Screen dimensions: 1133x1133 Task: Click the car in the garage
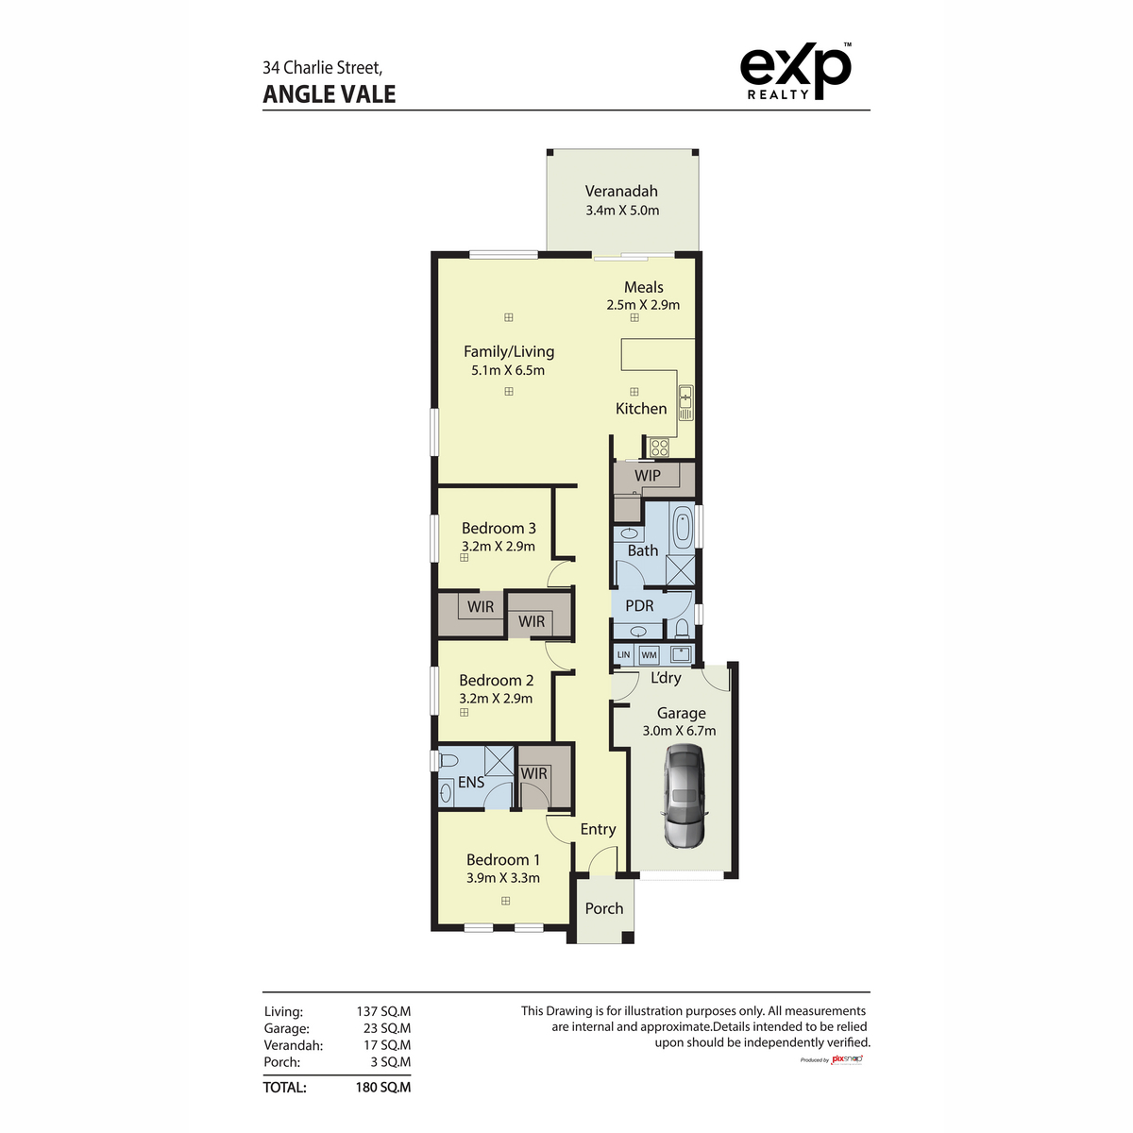683,795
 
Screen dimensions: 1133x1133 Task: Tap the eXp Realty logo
795,72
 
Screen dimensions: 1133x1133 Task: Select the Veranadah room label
621,191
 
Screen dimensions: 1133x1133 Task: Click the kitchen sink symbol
686,402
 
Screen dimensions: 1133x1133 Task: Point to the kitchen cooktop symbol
659,448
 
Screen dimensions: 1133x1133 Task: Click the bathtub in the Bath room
682,527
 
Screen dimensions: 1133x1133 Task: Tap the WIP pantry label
648,476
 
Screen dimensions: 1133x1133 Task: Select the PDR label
639,606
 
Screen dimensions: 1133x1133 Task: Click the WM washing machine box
649,654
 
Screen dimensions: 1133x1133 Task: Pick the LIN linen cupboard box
623,654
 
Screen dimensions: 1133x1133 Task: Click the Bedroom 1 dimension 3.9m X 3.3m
503,878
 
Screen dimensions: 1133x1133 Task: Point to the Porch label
604,908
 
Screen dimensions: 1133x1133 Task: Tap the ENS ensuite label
471,782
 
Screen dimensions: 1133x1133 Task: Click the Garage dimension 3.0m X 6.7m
679,731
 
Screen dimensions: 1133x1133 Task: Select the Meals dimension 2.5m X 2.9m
643,305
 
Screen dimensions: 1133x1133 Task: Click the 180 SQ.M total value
383,1088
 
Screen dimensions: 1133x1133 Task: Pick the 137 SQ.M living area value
383,1011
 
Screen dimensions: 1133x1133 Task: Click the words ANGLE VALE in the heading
330,94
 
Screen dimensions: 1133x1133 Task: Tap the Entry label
598,829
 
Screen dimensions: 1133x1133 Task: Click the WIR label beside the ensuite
534,773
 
